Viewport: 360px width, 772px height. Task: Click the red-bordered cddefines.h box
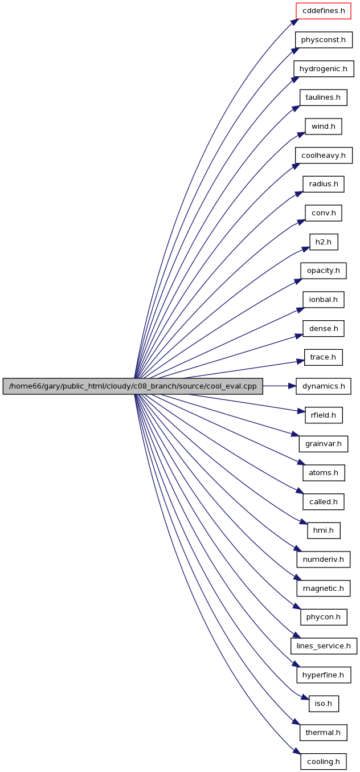coord(323,11)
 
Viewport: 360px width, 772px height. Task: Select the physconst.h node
coord(324,40)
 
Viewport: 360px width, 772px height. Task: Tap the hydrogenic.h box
coord(324,69)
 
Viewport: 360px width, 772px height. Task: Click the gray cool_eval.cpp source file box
coord(133,386)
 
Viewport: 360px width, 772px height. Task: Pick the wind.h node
coord(323,126)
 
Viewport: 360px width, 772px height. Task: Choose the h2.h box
coord(324,242)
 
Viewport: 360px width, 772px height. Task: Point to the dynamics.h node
coord(323,386)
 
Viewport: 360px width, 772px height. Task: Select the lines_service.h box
coord(324,646)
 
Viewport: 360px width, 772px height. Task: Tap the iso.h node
coord(324,704)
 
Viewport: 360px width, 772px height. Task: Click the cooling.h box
coord(323,762)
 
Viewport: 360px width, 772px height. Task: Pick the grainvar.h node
coord(323,444)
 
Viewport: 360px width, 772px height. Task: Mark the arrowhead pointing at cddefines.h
coord(294,22)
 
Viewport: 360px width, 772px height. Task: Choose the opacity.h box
coord(323,271)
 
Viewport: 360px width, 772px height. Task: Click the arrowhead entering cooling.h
coord(297,758)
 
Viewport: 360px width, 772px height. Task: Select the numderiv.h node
coord(323,559)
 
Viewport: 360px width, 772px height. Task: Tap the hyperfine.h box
coord(324,675)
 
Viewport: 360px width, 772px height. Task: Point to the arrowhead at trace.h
coord(300,362)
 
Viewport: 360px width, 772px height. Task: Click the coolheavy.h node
coord(324,156)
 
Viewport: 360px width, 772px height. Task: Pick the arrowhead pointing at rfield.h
coord(301,411)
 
